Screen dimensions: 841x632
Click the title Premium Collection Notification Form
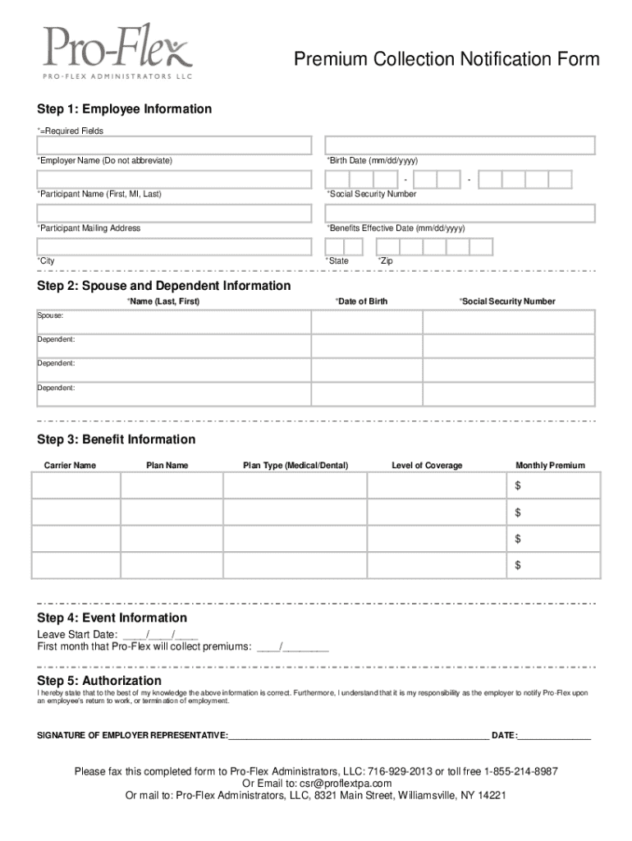447,59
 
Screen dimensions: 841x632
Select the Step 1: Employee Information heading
124,109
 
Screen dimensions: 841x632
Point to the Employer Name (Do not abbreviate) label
104,160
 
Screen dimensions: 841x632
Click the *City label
46,261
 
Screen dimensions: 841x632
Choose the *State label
337,261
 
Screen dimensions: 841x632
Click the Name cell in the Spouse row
173,321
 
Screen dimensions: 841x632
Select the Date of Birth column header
361,301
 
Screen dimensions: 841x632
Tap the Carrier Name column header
70,466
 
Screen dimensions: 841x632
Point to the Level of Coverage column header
427,466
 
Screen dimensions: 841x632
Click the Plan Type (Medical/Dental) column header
295,466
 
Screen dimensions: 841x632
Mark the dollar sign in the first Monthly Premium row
518,487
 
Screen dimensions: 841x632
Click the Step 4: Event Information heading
112,618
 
